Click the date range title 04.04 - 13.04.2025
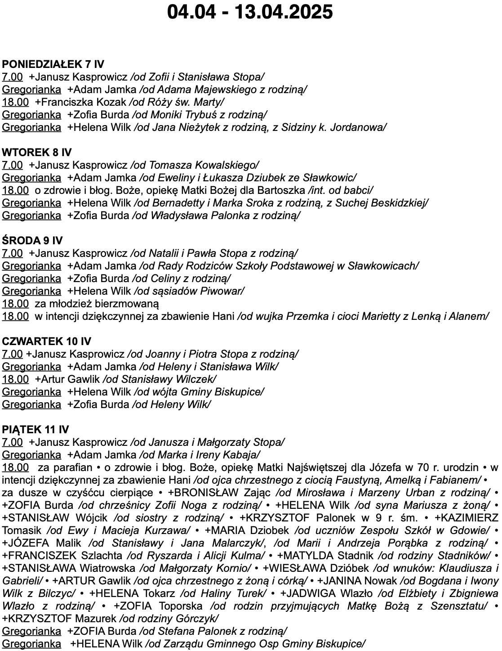(x=250, y=12)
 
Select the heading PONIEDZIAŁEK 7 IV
(x=53, y=64)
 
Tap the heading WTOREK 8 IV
(x=37, y=153)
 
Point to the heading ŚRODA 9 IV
(x=32, y=241)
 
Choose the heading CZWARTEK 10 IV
(x=47, y=341)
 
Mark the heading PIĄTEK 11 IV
(x=36, y=430)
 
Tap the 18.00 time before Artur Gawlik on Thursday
(x=15, y=379)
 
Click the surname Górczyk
(x=198, y=619)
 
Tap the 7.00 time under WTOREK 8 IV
(x=12, y=165)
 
